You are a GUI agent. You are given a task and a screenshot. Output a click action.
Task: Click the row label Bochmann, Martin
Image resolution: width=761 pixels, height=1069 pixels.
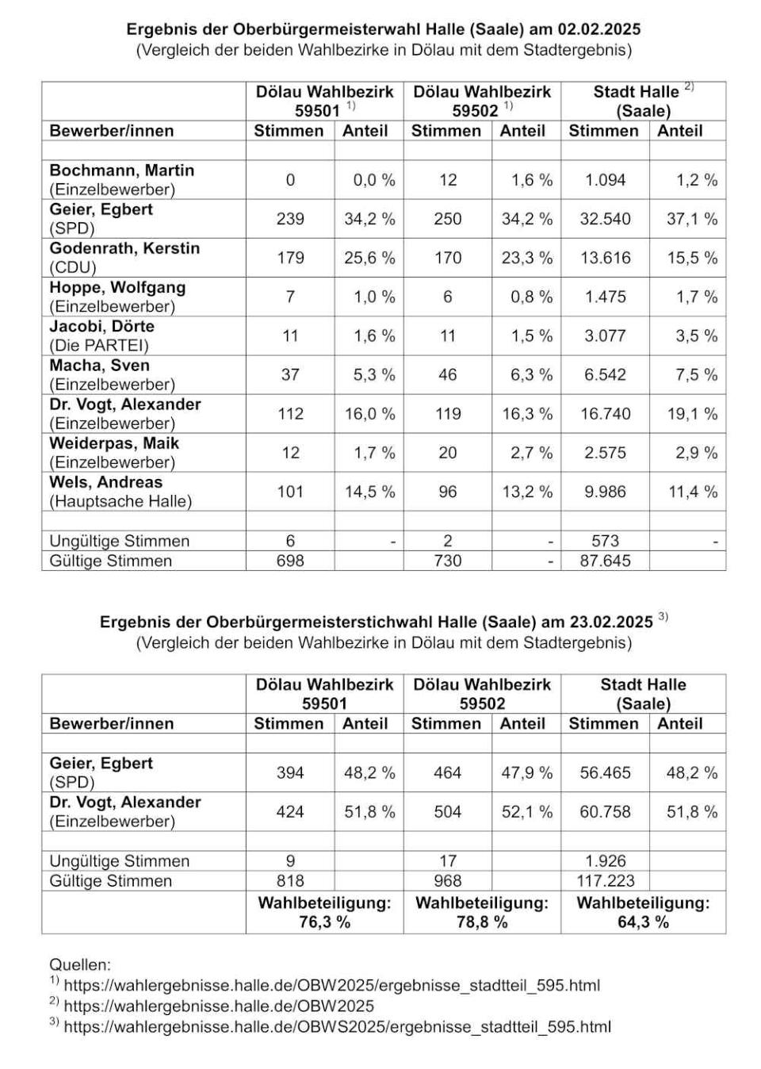point(121,171)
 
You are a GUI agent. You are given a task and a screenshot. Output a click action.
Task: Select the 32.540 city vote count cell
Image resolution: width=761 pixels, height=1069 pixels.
point(605,219)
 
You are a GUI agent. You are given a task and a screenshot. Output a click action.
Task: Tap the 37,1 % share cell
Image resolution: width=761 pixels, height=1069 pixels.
point(691,219)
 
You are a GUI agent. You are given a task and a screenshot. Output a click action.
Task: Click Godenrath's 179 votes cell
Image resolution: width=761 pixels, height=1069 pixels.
point(290,258)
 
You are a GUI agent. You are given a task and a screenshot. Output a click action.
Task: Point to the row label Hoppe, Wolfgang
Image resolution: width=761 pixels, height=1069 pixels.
point(117,287)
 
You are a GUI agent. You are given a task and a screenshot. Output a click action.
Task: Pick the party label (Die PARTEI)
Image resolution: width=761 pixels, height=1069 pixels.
point(99,345)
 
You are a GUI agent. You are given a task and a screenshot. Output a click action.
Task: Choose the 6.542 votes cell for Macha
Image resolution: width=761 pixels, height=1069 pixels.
point(605,374)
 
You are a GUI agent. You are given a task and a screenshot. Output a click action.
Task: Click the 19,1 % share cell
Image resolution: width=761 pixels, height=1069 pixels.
point(691,413)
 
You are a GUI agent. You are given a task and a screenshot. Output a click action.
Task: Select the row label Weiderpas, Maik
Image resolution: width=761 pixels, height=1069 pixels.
point(114,443)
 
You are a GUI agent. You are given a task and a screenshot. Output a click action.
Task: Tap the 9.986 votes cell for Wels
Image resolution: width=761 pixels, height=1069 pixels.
point(605,492)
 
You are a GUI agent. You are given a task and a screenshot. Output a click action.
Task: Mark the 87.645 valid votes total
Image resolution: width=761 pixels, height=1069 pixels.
point(605,561)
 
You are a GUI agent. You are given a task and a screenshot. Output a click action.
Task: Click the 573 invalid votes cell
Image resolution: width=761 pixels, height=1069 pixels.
point(605,541)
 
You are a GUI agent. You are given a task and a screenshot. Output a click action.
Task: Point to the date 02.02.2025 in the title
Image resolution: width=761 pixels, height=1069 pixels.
point(599,29)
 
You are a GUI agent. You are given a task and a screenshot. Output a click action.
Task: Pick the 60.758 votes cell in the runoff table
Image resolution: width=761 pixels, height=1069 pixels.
point(605,812)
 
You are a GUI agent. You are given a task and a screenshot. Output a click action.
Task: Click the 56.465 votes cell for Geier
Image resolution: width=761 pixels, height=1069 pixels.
point(605,772)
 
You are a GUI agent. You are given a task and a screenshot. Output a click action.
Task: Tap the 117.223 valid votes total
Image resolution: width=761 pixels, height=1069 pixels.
point(605,880)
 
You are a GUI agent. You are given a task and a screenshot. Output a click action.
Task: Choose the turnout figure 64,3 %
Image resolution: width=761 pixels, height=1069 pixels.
point(643,921)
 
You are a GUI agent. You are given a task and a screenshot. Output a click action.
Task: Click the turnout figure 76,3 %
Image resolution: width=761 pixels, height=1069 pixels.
point(324,921)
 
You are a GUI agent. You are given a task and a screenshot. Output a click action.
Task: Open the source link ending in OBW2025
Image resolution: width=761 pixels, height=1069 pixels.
point(219,1006)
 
